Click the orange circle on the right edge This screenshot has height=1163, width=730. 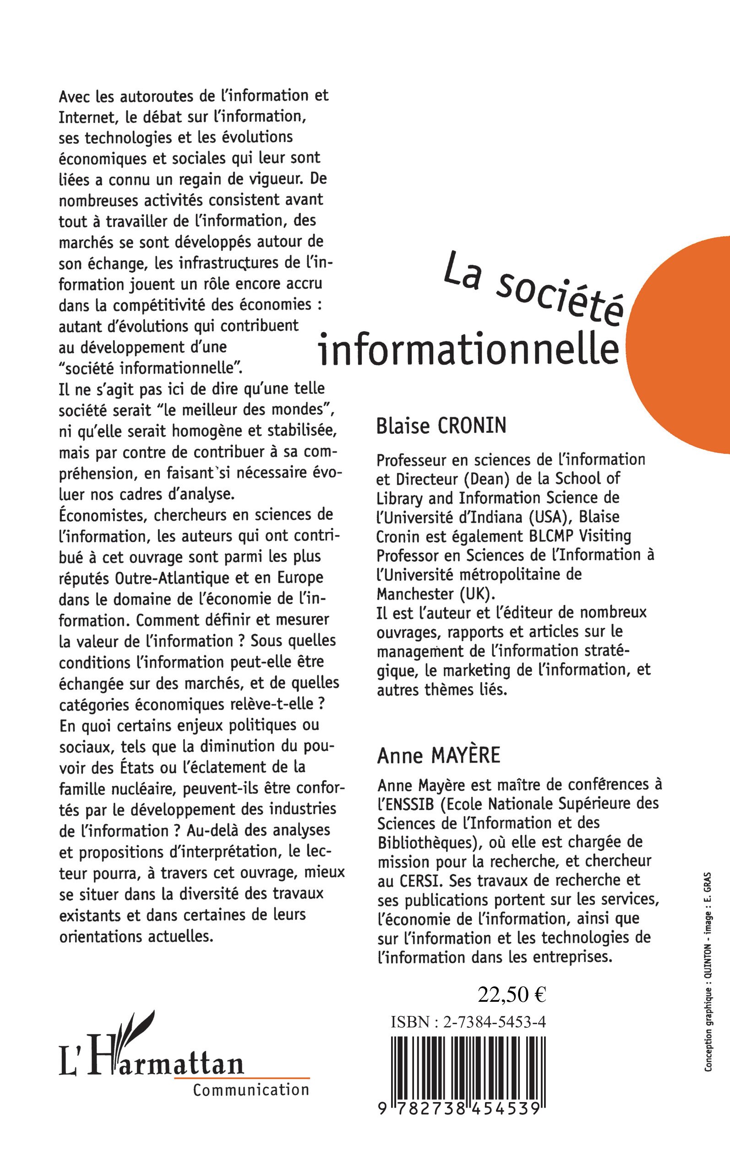[686, 345]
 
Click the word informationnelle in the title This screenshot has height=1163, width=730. [469, 348]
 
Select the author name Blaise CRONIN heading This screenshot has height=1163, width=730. [441, 426]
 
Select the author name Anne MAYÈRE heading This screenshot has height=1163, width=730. [438, 755]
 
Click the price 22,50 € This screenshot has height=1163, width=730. [512, 994]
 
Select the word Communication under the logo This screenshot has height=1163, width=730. [251, 1090]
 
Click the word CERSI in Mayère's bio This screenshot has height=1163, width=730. [419, 881]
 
